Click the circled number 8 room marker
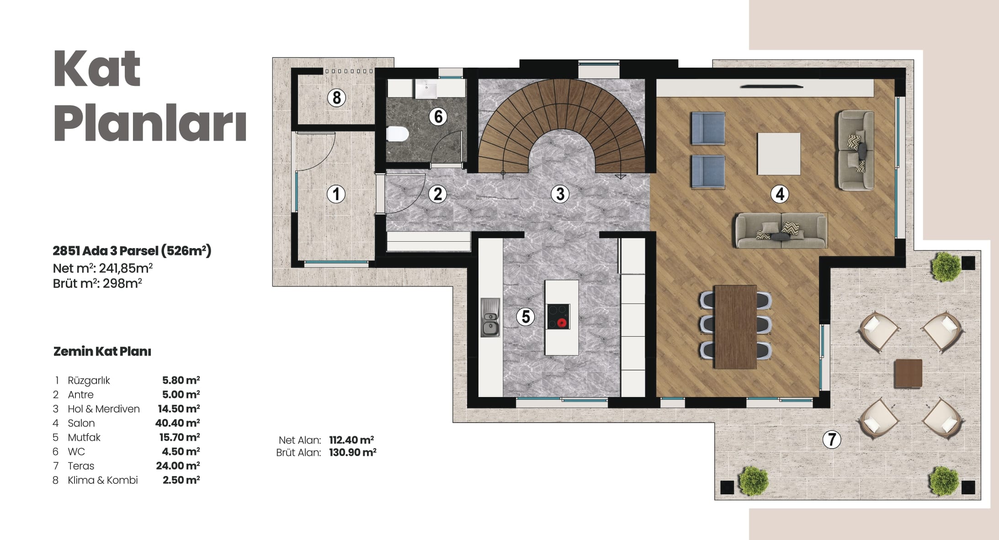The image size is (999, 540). coord(337,98)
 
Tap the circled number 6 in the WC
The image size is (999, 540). coord(438,116)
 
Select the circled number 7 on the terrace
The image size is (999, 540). coord(831,439)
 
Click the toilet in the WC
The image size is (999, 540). coord(397,134)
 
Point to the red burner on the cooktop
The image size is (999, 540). coord(562,323)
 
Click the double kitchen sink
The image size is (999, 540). coord(490,318)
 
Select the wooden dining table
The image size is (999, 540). coord(735,326)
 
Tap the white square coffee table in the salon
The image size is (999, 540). coord(779,154)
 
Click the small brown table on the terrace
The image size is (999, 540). coord(908,373)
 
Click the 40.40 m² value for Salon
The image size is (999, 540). coord(178,423)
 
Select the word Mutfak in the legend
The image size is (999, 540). coord(84,437)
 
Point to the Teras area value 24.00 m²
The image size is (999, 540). coord(178,466)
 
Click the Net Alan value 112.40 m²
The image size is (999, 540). coord(351,440)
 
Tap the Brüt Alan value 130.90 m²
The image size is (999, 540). coord(352,453)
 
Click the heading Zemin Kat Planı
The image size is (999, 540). coord(102,351)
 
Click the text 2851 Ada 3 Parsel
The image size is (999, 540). coord(106,250)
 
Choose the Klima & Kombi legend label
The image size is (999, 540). coord(103,480)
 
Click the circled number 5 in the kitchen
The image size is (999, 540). coord(526,317)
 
